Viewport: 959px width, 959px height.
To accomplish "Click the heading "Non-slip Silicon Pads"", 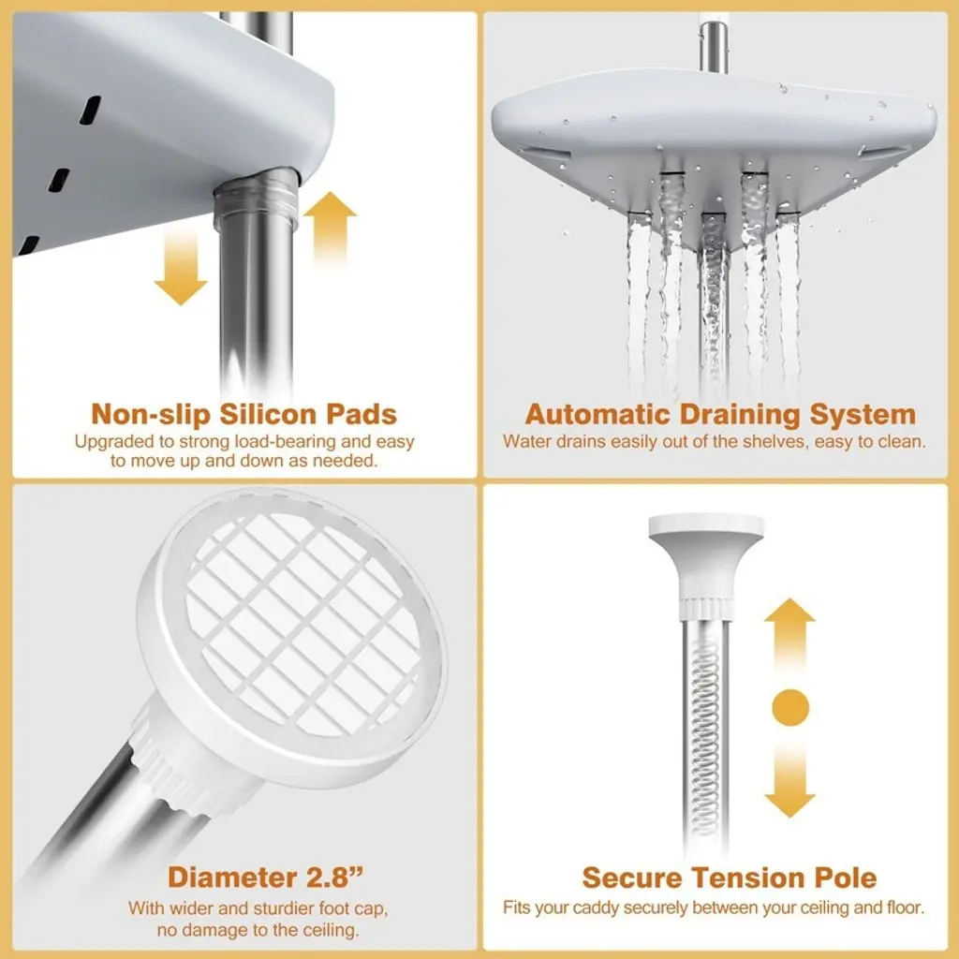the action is (244, 414).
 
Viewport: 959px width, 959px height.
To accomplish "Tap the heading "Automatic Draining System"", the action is (720, 414).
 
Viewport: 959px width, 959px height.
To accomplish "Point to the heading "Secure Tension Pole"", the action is (729, 878).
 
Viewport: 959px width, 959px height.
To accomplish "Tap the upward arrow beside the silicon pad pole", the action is (330, 227).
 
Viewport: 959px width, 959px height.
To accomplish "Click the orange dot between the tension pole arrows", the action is (790, 708).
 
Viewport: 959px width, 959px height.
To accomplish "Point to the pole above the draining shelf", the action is (712, 47).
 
